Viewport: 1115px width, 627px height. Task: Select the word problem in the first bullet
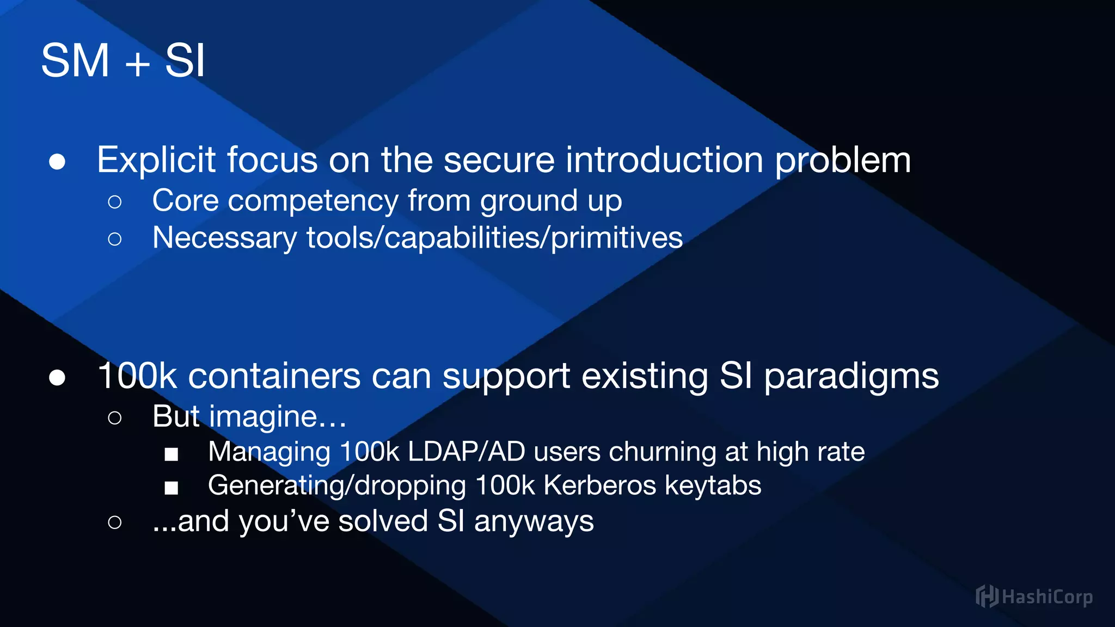click(x=842, y=161)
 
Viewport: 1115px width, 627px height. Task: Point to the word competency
click(x=313, y=201)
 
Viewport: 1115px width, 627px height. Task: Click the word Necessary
click(x=224, y=238)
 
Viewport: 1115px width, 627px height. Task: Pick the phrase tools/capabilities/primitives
click(x=494, y=238)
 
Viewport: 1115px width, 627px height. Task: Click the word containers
click(x=274, y=376)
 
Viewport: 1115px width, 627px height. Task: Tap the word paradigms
click(x=851, y=377)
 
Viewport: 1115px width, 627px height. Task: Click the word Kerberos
click(x=599, y=485)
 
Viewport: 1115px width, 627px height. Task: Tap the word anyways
click(x=534, y=521)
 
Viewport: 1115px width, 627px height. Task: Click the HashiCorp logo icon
click(x=987, y=597)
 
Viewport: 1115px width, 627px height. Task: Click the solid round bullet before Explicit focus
click(x=57, y=162)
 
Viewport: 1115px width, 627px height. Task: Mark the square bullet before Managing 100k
click(x=171, y=454)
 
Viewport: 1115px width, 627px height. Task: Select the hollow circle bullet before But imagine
click(x=114, y=418)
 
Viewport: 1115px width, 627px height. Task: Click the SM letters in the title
click(x=75, y=61)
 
